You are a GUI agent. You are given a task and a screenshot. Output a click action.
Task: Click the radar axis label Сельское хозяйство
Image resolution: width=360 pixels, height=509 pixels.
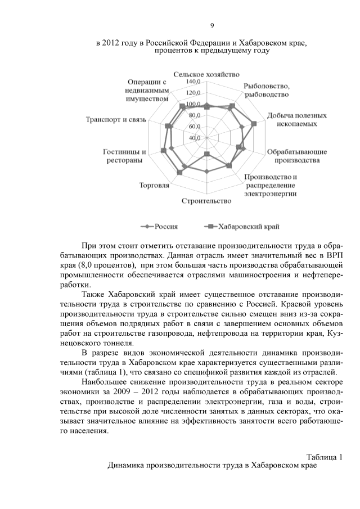(206, 74)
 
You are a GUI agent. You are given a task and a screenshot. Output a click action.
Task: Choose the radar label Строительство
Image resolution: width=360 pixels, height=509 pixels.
(206, 201)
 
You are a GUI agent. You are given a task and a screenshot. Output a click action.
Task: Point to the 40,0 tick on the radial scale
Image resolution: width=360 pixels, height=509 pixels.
(195, 137)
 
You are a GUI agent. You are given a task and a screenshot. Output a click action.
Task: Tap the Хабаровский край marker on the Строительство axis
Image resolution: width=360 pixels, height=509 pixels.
(206, 154)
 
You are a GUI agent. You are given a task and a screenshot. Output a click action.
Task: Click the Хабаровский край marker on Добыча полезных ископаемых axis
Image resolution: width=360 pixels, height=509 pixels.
(254, 123)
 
